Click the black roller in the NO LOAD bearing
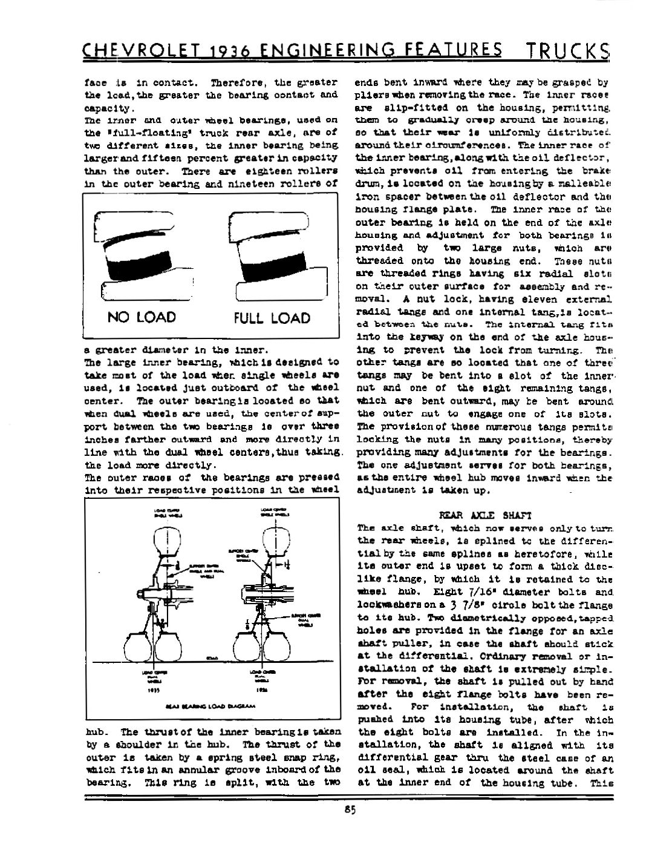tap(137, 262)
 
